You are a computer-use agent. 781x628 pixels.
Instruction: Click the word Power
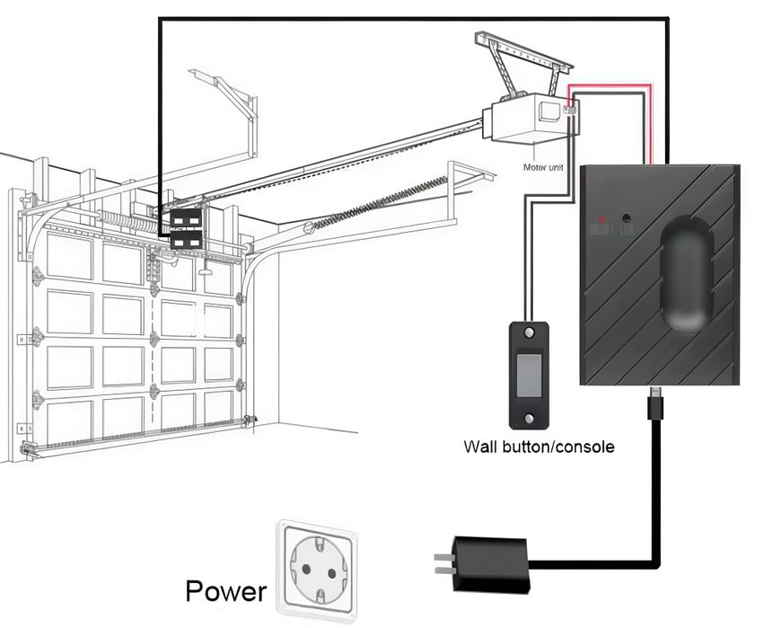tap(225, 590)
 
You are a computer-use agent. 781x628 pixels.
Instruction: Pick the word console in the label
tap(584, 446)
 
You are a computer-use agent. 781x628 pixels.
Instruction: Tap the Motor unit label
tap(544, 167)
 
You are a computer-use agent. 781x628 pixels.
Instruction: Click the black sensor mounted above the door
tap(187, 229)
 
